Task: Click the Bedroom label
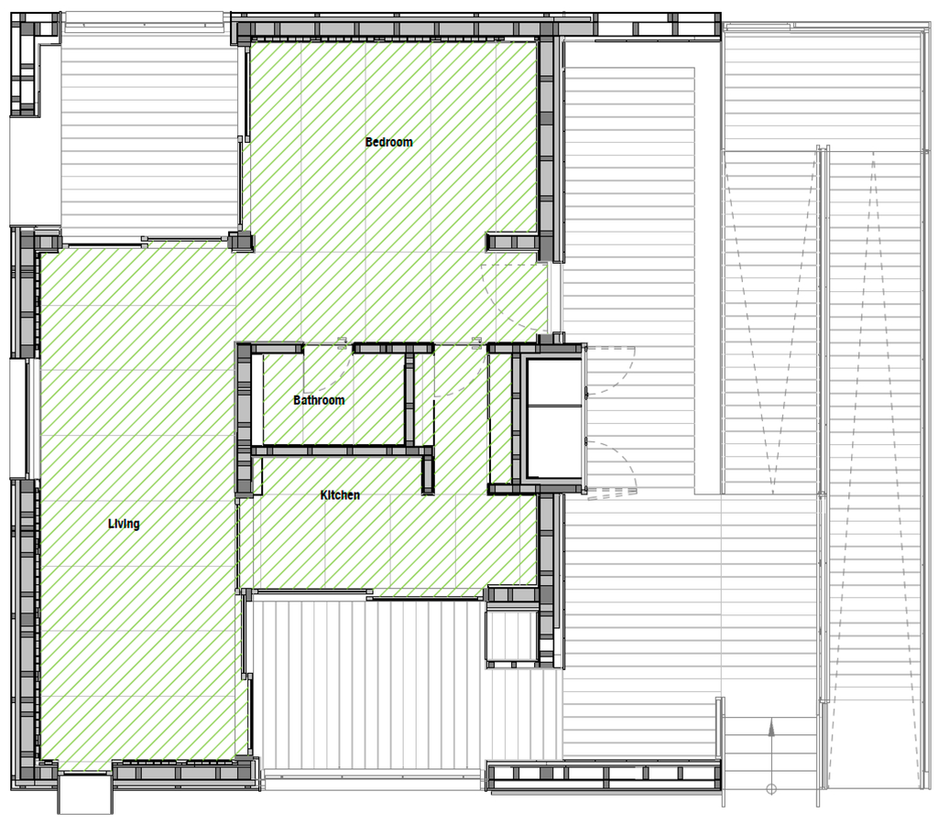coord(388,142)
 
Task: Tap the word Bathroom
coord(319,400)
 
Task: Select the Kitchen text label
coord(340,495)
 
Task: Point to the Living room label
coord(124,524)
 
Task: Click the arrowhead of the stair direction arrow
coord(771,728)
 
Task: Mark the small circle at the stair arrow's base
coord(771,789)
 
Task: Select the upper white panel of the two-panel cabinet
coord(553,382)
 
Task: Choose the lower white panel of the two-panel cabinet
coord(553,442)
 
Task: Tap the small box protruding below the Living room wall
coord(85,794)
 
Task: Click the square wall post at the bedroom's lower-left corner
coord(241,242)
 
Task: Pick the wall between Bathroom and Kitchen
coord(342,450)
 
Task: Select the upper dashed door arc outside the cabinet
coord(622,371)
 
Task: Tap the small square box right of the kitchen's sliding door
coord(511,634)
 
